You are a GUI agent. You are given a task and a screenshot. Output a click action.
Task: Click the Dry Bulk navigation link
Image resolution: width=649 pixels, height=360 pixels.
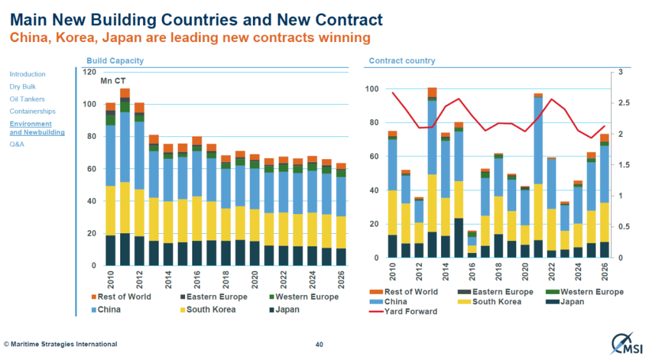(x=22, y=87)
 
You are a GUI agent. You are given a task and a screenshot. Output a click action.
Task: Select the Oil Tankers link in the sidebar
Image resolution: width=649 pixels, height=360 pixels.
(x=27, y=99)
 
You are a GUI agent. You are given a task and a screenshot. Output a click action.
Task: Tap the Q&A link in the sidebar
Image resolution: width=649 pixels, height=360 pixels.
(x=17, y=144)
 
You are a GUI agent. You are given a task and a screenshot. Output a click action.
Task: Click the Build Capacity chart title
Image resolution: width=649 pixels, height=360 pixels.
(x=115, y=61)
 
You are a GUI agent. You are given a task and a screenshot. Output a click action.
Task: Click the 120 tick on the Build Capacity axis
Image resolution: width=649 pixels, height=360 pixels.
(x=89, y=72)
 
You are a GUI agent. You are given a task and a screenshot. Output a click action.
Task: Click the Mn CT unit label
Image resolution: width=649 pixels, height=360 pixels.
(x=113, y=81)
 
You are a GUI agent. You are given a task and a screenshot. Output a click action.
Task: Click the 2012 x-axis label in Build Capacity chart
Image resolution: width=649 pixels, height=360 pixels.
(x=140, y=281)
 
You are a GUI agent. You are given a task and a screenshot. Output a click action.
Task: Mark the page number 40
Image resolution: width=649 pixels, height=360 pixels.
(x=320, y=345)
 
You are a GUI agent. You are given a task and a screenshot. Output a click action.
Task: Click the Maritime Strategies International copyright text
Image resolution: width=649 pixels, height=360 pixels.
(x=60, y=344)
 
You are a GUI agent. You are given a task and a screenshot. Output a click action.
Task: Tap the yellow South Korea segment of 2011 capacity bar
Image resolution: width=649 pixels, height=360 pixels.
(x=125, y=207)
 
